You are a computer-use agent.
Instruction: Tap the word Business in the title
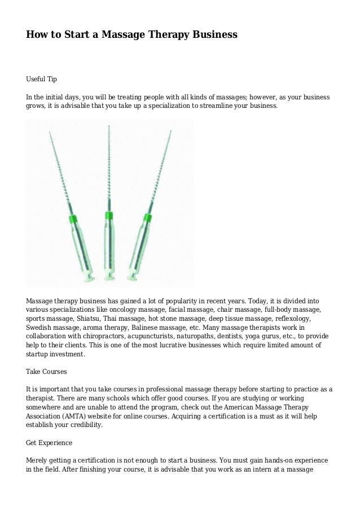(212, 35)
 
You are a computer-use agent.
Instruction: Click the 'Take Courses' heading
(47, 372)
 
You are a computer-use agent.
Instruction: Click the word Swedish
(39, 328)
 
